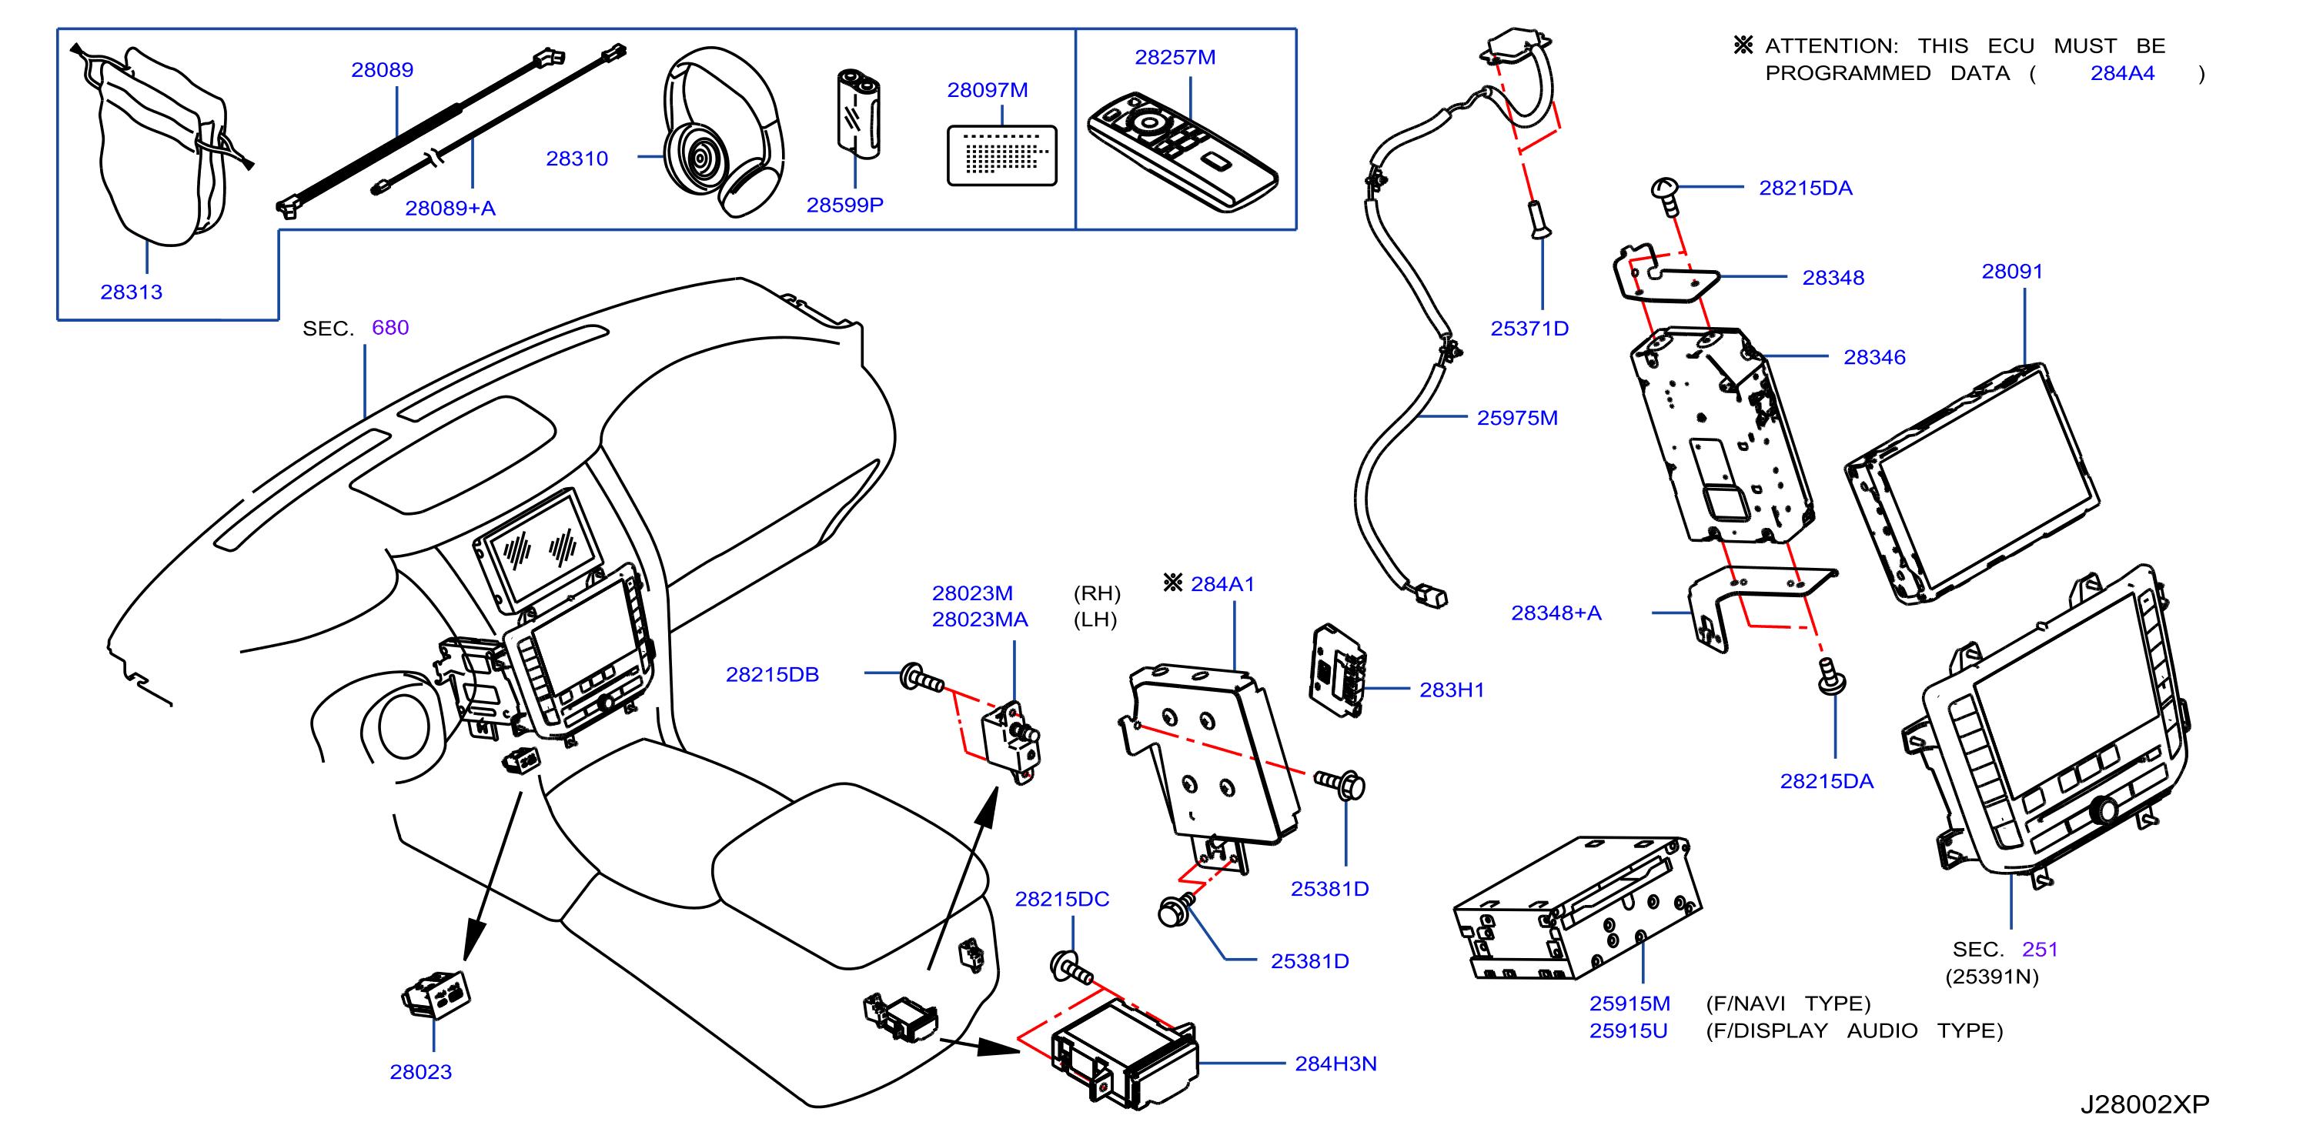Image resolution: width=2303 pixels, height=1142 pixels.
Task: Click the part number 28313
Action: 132,292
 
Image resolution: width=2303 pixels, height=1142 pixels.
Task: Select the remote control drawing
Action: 1182,151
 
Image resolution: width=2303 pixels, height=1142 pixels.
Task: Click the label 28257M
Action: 1175,57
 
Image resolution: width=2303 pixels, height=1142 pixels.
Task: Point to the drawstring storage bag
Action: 161,145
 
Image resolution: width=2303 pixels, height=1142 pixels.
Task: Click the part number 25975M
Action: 1517,418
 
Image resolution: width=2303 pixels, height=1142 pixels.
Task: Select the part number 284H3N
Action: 1335,1064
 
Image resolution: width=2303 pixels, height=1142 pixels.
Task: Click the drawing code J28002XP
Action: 2144,1104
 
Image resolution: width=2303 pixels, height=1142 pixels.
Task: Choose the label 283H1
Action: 1452,690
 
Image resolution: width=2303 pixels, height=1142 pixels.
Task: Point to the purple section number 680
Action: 389,328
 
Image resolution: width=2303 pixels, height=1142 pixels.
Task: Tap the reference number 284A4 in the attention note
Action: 2122,73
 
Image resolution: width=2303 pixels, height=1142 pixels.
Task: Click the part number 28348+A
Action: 1556,613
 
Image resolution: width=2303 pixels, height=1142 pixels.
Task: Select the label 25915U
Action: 1628,1031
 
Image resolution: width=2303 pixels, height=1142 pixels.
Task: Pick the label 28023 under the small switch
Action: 420,1072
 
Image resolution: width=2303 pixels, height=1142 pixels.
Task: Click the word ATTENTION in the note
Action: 1832,46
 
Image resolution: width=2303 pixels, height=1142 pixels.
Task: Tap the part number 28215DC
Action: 1062,899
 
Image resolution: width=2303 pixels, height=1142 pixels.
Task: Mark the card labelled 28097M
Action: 1001,155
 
